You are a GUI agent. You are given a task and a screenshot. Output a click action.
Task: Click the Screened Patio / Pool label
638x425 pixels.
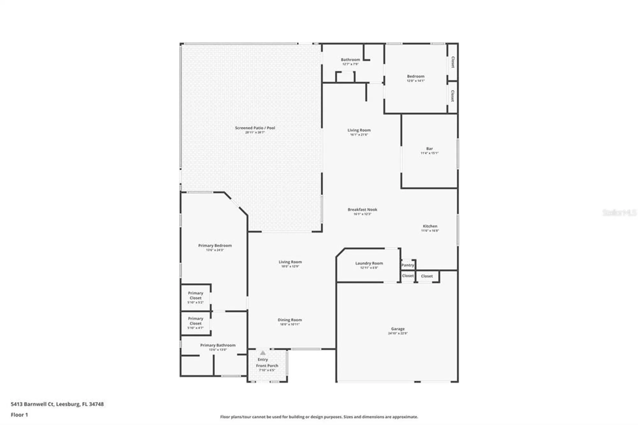pyautogui.click(x=255, y=128)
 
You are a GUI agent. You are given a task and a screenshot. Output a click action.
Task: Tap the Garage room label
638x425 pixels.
pyautogui.click(x=397, y=329)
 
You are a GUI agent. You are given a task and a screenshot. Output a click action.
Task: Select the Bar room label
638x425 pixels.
pyautogui.click(x=429, y=149)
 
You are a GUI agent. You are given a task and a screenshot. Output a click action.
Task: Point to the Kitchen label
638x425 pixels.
pyautogui.click(x=430, y=226)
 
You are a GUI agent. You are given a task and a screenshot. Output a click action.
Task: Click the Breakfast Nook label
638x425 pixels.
pyautogui.click(x=362, y=210)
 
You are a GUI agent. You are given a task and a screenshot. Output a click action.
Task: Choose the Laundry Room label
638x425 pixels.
pyautogui.click(x=369, y=263)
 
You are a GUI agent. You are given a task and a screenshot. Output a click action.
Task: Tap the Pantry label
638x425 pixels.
pyautogui.click(x=407, y=265)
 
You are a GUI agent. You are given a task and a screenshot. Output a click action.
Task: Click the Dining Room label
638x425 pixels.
pyautogui.click(x=289, y=320)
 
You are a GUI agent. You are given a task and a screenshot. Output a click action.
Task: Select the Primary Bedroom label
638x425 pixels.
pyautogui.click(x=215, y=246)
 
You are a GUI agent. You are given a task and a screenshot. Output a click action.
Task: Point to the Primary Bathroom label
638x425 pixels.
pyautogui.click(x=218, y=345)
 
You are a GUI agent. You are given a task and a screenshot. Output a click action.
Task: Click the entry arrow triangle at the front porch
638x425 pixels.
pyautogui.click(x=263, y=353)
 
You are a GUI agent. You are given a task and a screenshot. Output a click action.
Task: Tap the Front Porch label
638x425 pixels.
pyautogui.click(x=267, y=366)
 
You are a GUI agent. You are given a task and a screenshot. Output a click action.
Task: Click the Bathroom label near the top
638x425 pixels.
pyautogui.click(x=350, y=60)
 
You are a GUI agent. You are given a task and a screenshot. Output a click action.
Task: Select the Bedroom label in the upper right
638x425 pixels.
pyautogui.click(x=415, y=76)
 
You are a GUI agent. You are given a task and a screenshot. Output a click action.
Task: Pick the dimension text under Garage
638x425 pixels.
pyautogui.click(x=397, y=333)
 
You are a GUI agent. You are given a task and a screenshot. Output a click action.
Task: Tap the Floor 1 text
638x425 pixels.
pyautogui.click(x=19, y=415)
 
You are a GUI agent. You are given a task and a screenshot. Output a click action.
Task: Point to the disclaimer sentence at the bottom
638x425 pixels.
pyautogui.click(x=319, y=417)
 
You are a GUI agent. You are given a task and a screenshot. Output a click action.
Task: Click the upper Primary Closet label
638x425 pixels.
pyautogui.click(x=195, y=295)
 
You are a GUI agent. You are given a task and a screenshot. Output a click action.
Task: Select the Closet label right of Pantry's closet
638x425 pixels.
pyautogui.click(x=427, y=276)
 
